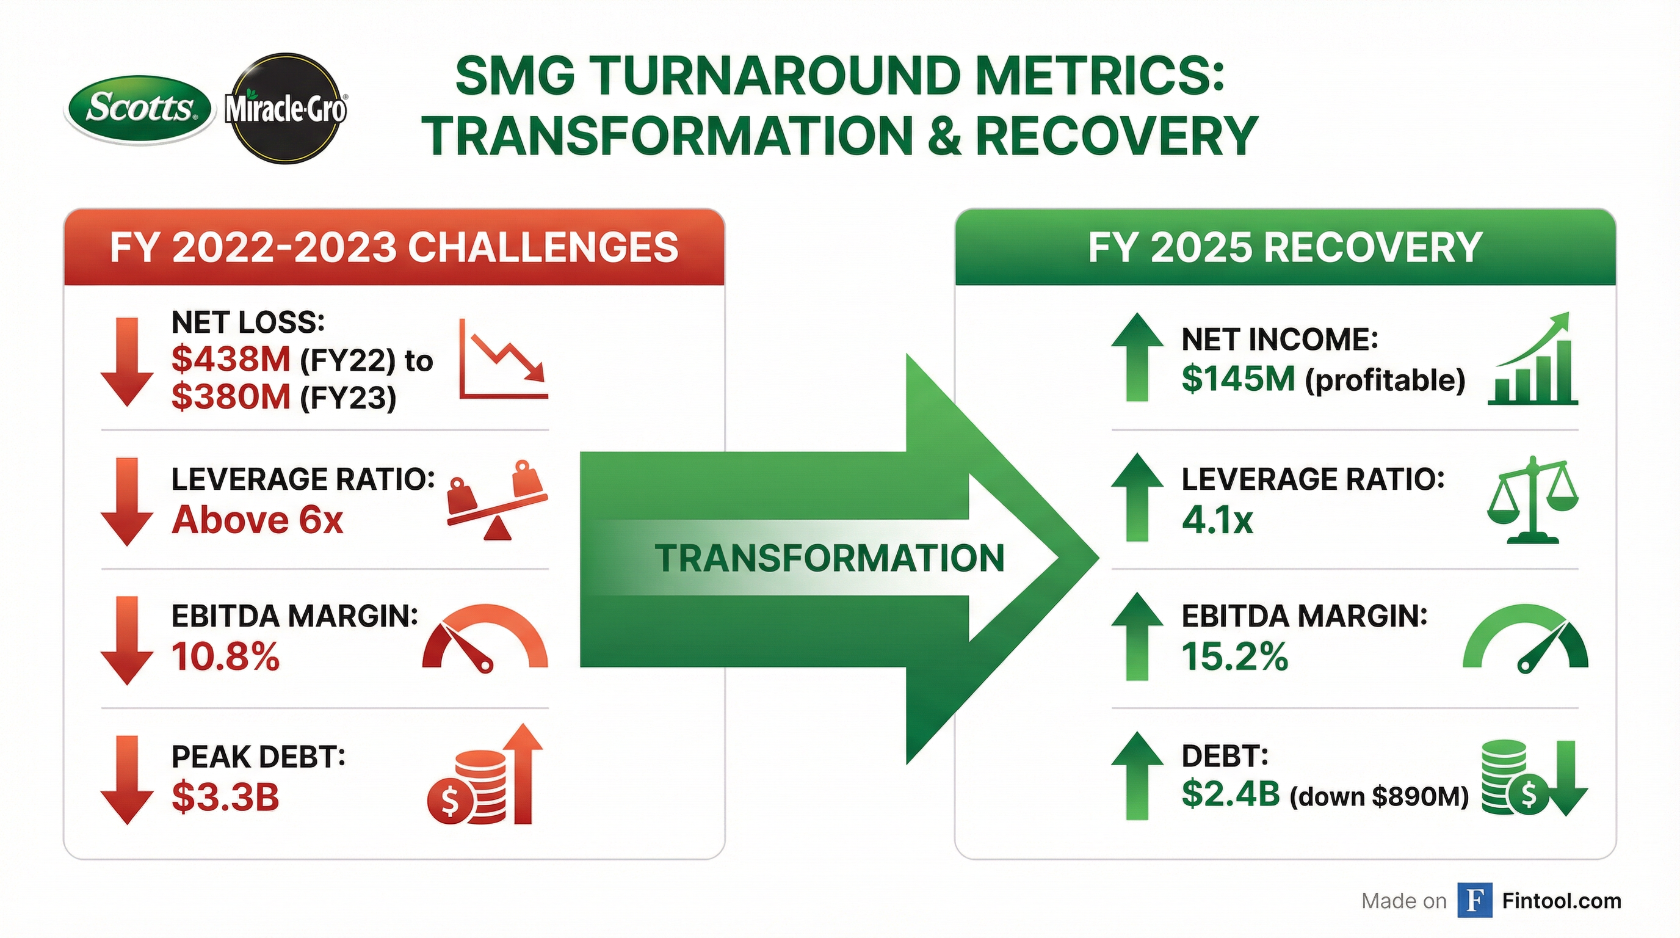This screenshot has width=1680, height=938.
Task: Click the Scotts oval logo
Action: point(140,108)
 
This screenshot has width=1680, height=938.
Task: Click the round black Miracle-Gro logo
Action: point(286,108)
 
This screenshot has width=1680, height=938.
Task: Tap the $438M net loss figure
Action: point(230,360)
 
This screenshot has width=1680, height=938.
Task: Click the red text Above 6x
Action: point(257,520)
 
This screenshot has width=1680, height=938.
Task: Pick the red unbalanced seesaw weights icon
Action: point(497,501)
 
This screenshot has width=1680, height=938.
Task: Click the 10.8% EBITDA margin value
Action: point(225,656)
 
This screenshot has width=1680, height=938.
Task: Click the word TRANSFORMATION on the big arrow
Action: point(830,558)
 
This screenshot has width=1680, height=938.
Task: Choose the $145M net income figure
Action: point(1238,379)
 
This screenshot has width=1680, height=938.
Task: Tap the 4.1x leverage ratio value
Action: point(1217,520)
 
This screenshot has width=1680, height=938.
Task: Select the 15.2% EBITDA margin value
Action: point(1234,656)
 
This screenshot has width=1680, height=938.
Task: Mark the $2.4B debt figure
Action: point(1230,794)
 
